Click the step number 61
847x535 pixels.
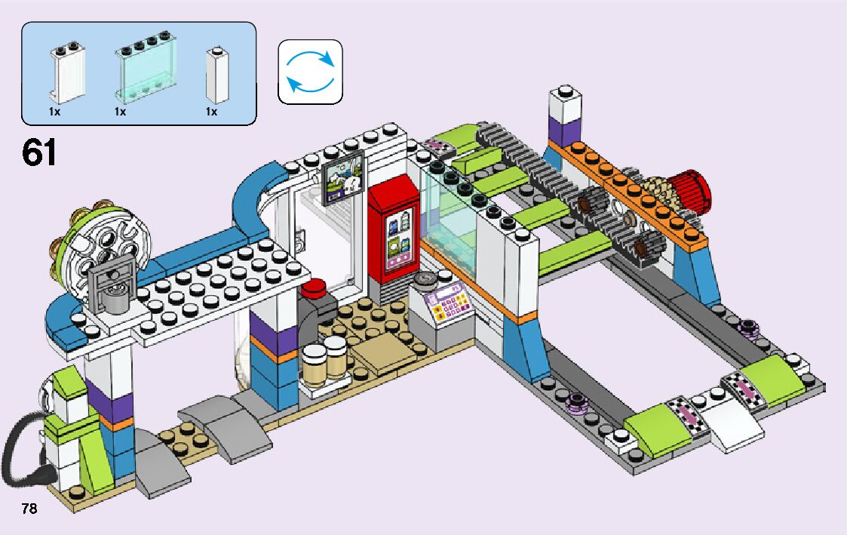pyautogui.click(x=39, y=152)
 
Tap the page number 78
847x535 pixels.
pyautogui.click(x=29, y=508)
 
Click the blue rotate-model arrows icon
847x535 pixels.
pyautogui.click(x=310, y=71)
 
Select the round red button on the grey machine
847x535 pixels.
pyautogui.click(x=313, y=287)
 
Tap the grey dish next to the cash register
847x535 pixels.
pyautogui.click(x=424, y=279)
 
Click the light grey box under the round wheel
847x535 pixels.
pyautogui.click(x=110, y=286)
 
